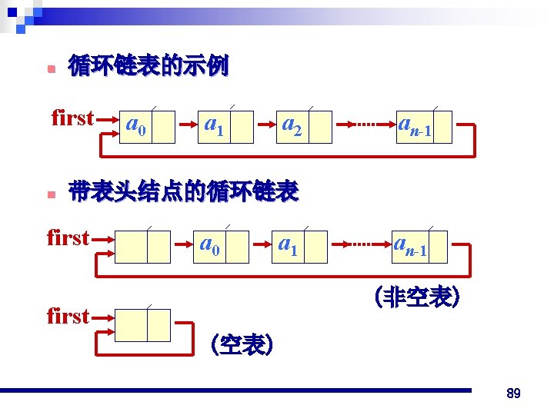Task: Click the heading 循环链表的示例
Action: (149, 67)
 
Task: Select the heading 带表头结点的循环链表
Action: (183, 191)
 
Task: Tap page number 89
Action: (514, 393)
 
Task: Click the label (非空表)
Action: (416, 297)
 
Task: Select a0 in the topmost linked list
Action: (136, 125)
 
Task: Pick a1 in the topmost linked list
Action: (213, 125)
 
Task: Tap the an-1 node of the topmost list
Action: (413, 127)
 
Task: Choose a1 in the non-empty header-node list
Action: (288, 246)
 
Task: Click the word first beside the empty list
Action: (68, 315)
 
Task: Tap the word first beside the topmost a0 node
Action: (72, 118)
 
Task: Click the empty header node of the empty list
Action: (142, 325)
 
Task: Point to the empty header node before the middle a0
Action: (142, 246)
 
